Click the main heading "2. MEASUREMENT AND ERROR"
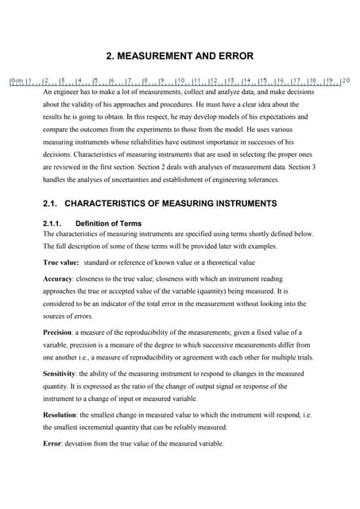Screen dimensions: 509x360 (x=180, y=56)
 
